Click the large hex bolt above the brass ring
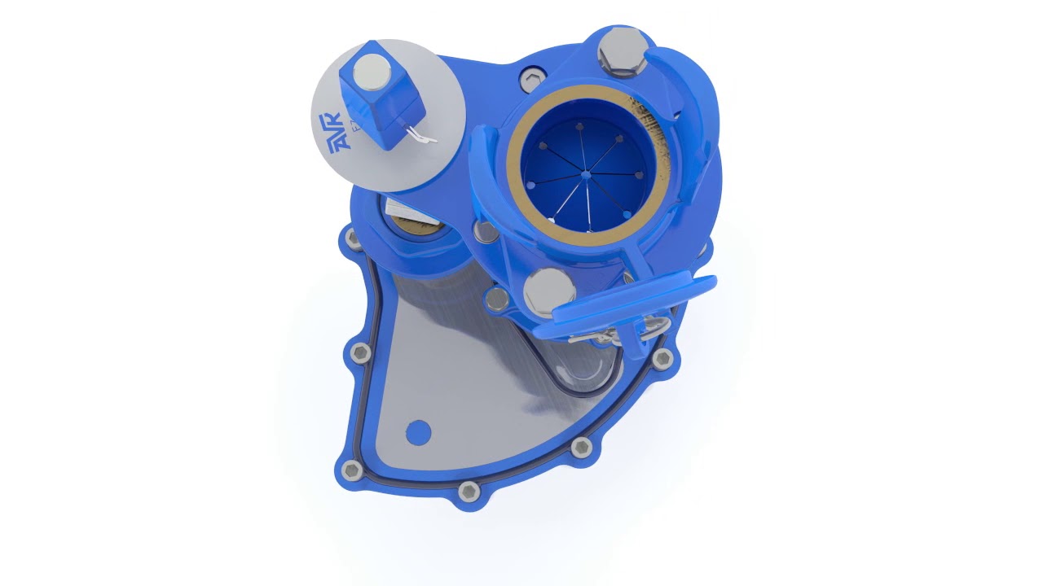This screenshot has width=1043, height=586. pos(623,51)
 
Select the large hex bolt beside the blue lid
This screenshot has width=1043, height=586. pos(549,289)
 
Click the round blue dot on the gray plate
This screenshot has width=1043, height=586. pos(418,432)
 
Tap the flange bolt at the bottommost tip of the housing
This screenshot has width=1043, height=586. pos(469,491)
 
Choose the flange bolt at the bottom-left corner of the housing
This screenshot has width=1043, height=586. pos(351,470)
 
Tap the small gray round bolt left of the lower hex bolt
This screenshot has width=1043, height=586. pos(496,300)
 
